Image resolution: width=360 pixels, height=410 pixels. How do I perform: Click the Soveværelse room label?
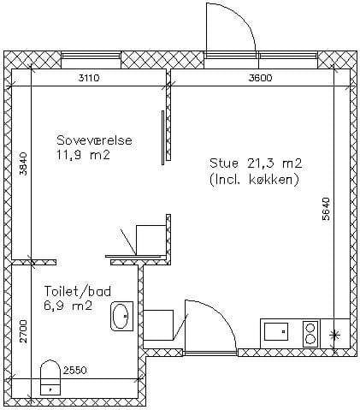94,140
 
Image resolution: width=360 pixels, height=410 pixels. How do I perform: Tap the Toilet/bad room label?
78,292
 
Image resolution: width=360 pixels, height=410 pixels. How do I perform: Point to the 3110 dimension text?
89,78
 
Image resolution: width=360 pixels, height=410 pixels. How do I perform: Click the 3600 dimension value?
260,78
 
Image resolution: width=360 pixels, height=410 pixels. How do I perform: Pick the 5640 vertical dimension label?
326,209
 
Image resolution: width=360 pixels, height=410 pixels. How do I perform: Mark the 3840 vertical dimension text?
23,163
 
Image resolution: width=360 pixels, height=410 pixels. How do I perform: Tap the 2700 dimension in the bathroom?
23,331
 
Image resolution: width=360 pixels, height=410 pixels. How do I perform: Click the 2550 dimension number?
74,371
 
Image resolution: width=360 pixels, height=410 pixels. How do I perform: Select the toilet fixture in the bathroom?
50,377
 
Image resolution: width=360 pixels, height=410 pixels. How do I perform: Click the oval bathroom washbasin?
122,316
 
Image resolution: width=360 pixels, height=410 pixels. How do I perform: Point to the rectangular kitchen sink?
276,331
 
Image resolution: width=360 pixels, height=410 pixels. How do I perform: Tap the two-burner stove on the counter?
310,334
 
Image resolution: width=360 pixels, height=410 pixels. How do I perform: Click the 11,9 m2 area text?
83,156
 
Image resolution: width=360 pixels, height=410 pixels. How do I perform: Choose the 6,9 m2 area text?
68,306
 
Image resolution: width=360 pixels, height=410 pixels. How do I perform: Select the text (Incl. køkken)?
254,180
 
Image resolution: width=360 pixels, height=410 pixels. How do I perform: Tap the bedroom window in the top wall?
90,56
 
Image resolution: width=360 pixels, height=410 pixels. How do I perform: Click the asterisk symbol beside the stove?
334,335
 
